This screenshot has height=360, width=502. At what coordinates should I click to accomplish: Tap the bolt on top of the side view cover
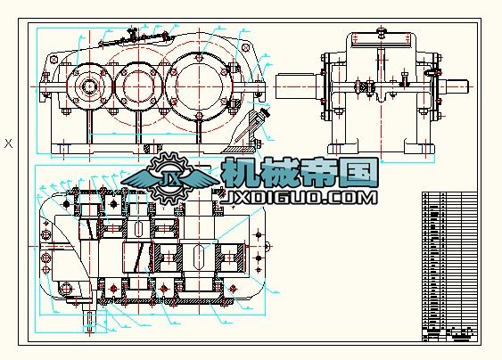[x=381, y=33]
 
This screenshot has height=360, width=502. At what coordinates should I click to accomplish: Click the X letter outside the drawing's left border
[x=9, y=143]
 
